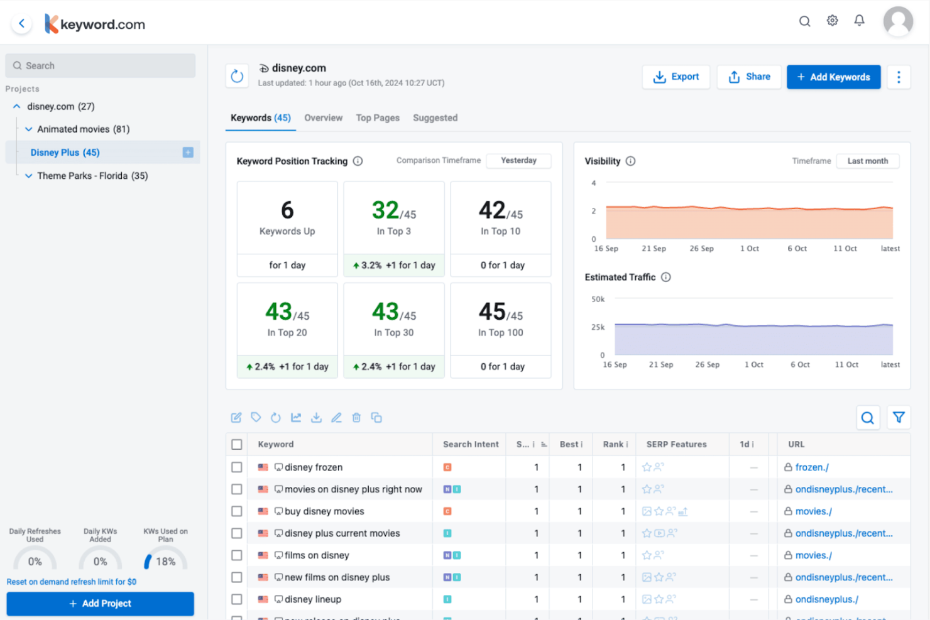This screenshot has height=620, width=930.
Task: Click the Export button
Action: (676, 77)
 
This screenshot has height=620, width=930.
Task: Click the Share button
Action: (749, 77)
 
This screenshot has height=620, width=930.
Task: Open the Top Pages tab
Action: (377, 117)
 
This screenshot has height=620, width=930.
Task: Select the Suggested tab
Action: (435, 117)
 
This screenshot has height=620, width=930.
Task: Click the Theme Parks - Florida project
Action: (92, 176)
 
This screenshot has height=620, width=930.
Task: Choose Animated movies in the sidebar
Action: (83, 129)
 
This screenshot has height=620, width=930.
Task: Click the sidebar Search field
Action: (101, 65)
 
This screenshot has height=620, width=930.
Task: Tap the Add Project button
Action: (101, 603)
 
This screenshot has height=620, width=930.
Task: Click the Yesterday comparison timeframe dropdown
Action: (518, 161)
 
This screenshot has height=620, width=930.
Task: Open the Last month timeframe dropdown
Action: (867, 161)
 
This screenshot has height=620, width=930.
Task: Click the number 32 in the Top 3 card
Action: (385, 210)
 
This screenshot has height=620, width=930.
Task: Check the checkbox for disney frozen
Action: (237, 467)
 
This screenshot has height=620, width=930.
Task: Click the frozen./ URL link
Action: (811, 467)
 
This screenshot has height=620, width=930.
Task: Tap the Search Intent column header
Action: (470, 444)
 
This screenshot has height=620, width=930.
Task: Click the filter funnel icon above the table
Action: (899, 417)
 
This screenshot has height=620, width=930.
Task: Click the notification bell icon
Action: (859, 21)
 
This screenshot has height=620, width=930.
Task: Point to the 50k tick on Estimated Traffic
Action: (598, 299)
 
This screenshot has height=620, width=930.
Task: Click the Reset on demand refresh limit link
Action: (72, 582)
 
